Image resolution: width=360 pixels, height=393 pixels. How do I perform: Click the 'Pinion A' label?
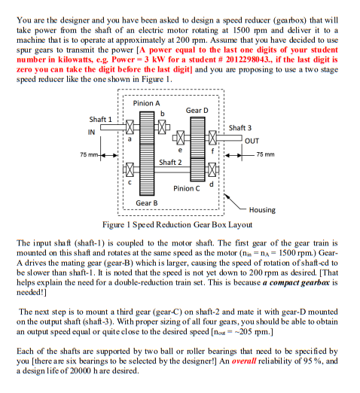146,103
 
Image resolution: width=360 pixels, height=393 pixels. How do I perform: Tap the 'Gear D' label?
197,111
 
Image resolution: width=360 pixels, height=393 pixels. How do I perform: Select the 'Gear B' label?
147,203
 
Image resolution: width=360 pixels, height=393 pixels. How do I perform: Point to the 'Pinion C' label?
187,188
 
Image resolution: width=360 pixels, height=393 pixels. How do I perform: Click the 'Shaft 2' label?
170,163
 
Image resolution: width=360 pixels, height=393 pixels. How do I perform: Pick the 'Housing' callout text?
262,210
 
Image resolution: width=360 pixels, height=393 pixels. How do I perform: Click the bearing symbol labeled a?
130,127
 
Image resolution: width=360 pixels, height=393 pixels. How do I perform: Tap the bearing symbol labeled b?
162,127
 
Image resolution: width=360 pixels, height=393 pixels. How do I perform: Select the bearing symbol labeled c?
130,169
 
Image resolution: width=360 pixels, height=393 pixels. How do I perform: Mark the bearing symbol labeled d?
212,169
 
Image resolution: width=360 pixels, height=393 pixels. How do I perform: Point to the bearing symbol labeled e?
181,138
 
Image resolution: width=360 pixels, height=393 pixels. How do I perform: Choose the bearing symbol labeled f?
212,138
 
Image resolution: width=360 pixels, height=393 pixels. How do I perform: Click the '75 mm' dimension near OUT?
265,154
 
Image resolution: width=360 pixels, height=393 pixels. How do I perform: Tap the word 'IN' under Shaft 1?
91,133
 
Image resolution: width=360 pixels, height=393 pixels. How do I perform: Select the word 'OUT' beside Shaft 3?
252,141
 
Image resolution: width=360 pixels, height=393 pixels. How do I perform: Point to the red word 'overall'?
244,361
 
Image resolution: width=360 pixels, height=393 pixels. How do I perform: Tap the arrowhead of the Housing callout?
226,196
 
